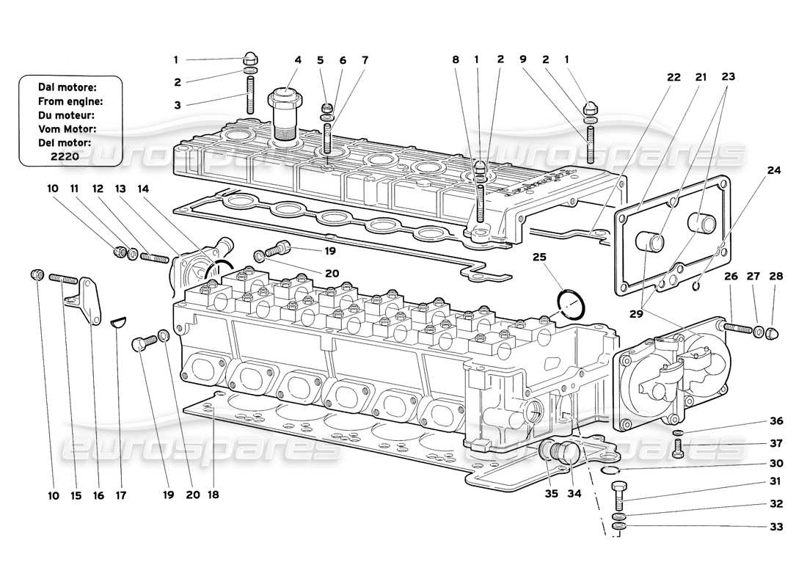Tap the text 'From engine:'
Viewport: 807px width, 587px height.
70,101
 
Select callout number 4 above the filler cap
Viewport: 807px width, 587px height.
298,60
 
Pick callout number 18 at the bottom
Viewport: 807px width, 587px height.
213,495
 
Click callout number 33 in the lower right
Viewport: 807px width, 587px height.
775,527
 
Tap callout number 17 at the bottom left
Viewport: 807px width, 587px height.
121,495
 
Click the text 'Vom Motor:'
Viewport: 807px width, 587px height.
67,128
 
